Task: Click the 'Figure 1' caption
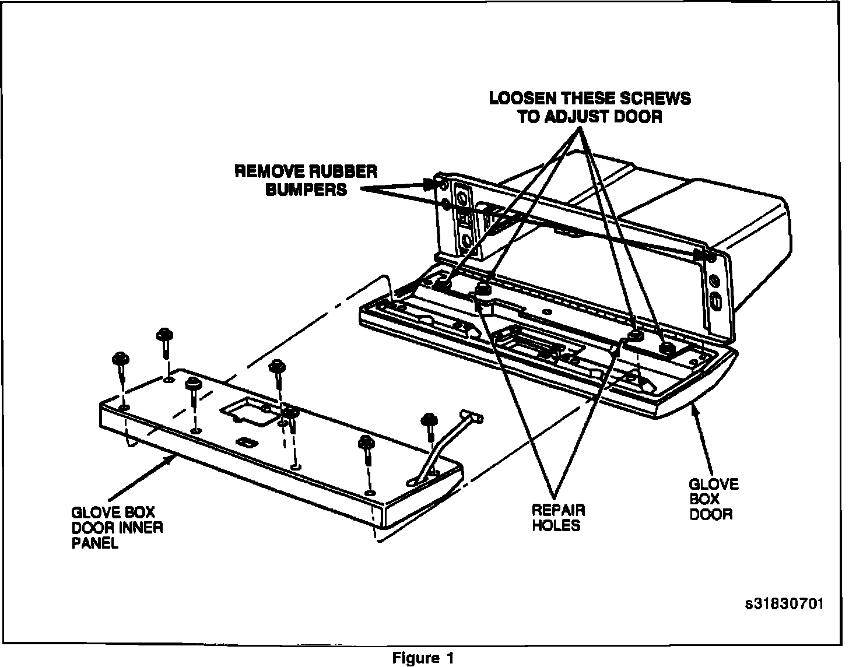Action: (x=423, y=658)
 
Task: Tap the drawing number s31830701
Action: (x=784, y=603)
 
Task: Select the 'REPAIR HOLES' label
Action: (x=558, y=517)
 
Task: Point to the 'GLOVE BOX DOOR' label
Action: (x=713, y=499)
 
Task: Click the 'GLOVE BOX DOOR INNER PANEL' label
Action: (x=117, y=528)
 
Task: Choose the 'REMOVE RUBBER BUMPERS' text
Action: (x=306, y=180)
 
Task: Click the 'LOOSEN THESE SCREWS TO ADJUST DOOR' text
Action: (x=590, y=107)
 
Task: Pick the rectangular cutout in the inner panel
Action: (x=246, y=410)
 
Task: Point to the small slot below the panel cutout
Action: (x=245, y=441)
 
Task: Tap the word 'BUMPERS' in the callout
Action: (x=306, y=189)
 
